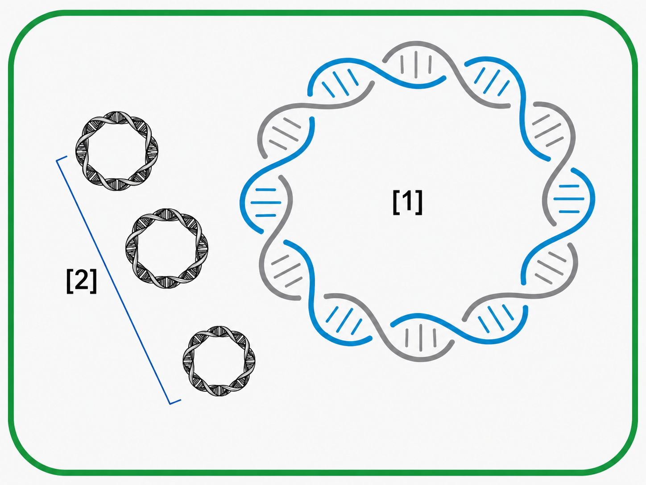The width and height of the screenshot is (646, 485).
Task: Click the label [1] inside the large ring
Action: click(x=408, y=202)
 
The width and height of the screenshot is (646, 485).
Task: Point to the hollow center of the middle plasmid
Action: click(x=167, y=248)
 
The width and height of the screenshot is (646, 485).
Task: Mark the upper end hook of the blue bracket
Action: click(x=62, y=159)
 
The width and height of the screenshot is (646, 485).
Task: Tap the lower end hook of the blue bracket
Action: click(x=175, y=401)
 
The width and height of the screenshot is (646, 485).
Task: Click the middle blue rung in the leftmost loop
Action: click(x=266, y=203)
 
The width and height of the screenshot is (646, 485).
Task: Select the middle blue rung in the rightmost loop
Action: click(x=569, y=199)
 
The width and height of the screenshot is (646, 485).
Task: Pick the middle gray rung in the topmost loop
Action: click(x=416, y=65)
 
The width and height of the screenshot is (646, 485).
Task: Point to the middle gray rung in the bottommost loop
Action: click(x=421, y=338)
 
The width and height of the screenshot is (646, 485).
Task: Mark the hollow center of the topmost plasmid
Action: click(x=117, y=151)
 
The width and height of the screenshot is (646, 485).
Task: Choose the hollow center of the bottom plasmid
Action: click(x=219, y=361)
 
